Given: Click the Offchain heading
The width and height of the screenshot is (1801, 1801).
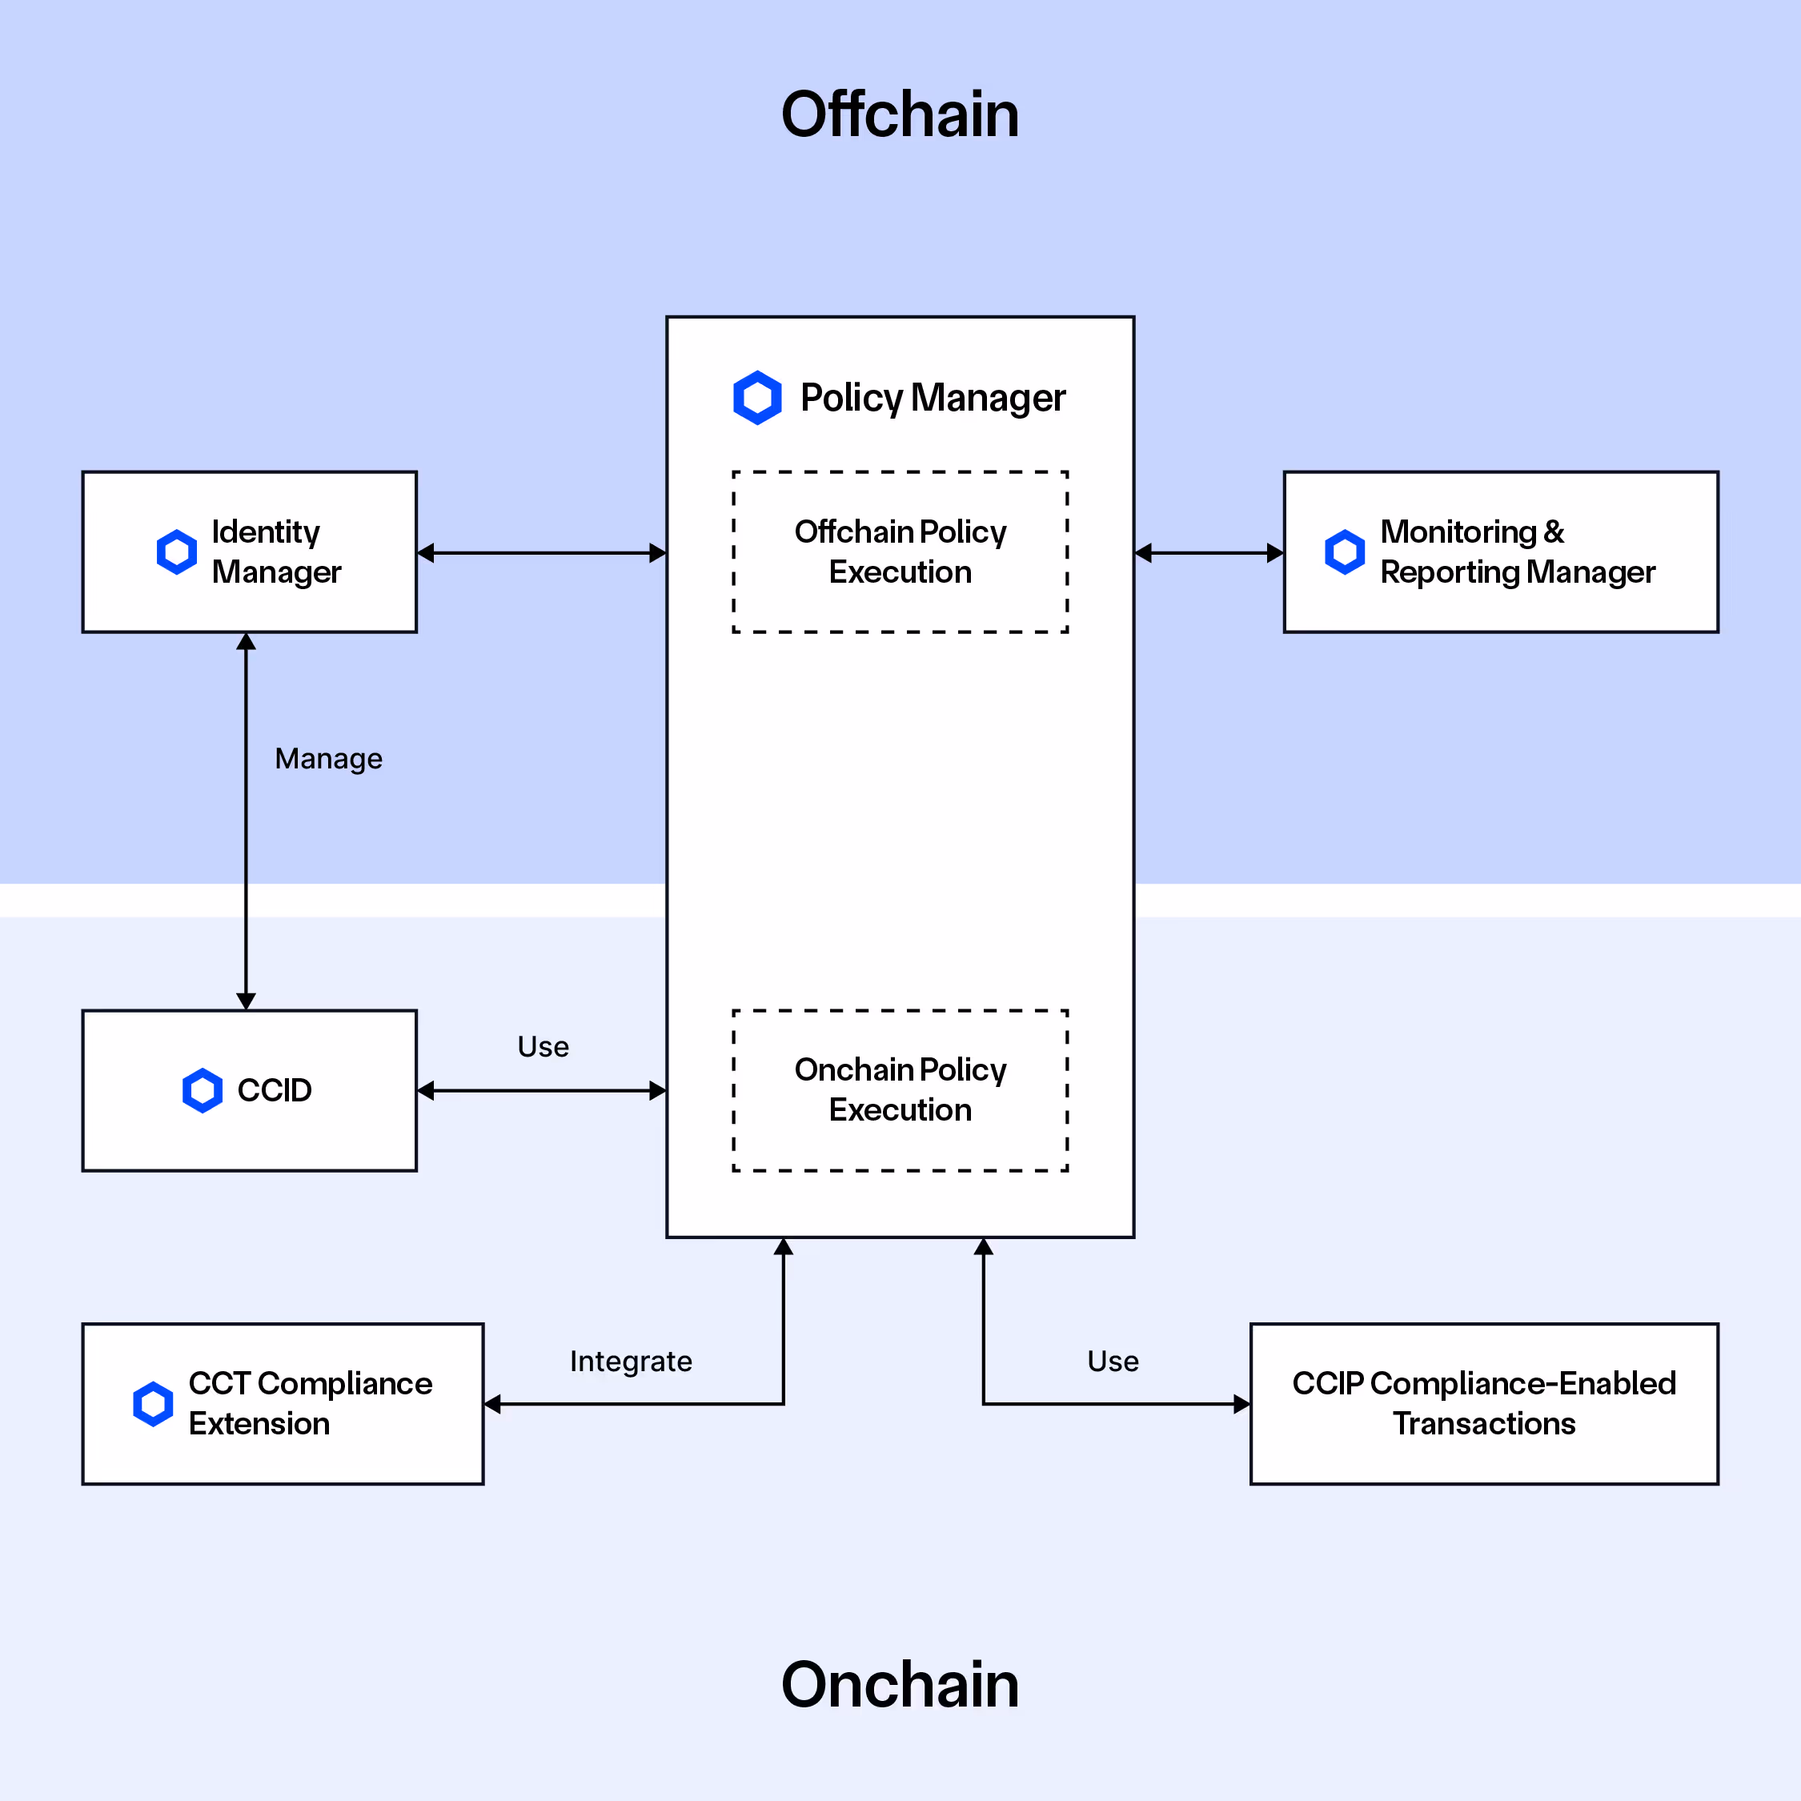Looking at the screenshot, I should (900, 114).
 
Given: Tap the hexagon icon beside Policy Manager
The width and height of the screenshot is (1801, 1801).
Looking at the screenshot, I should (757, 398).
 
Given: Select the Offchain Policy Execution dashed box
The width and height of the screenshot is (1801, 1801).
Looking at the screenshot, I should (900, 552).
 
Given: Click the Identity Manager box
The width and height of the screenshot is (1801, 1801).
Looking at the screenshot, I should (249, 552).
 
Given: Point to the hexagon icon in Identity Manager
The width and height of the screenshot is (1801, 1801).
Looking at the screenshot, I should (176, 552).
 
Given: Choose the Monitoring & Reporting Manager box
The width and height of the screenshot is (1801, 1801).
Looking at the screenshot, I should (1501, 552).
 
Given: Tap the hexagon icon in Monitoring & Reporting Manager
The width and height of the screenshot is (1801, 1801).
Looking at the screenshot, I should (1344, 552).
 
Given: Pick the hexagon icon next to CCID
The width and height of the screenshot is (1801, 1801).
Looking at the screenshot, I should (202, 1089).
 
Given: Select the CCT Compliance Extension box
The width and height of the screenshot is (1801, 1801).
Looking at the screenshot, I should (283, 1403).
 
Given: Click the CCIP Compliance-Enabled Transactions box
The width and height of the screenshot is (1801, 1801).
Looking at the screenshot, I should (1484, 1403).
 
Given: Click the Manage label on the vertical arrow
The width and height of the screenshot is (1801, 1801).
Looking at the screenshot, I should (328, 759).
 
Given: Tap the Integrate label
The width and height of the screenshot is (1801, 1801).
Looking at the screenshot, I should (631, 1361).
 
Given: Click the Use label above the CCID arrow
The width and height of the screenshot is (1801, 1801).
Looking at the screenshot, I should (543, 1047).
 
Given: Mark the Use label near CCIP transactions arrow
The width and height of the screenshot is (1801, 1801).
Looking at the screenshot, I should (1113, 1361).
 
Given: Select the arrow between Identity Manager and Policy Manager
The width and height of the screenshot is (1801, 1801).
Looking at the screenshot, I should (542, 553).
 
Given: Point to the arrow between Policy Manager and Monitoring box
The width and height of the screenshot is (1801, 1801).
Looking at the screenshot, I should (1209, 553).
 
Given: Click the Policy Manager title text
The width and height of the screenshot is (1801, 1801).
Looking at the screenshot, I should (933, 398).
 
